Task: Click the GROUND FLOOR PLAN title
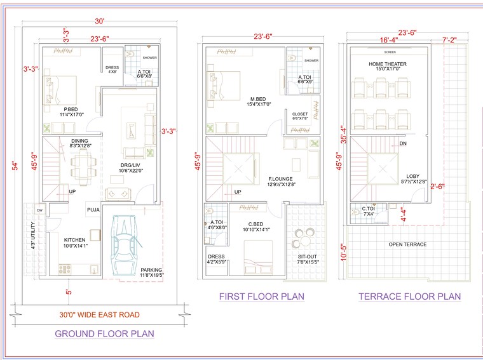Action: pyautogui.click(x=104, y=333)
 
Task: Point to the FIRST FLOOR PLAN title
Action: pyautogui.click(x=261, y=297)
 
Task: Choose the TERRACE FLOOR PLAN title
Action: pyautogui.click(x=409, y=297)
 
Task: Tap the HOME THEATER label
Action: pyautogui.click(x=387, y=64)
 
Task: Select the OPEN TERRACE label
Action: pyautogui.click(x=407, y=244)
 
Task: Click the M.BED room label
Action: pyautogui.click(x=258, y=98)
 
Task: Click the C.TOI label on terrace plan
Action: pyautogui.click(x=368, y=208)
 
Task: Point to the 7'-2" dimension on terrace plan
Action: pyautogui.click(x=449, y=40)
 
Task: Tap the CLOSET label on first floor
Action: pyautogui.click(x=300, y=114)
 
